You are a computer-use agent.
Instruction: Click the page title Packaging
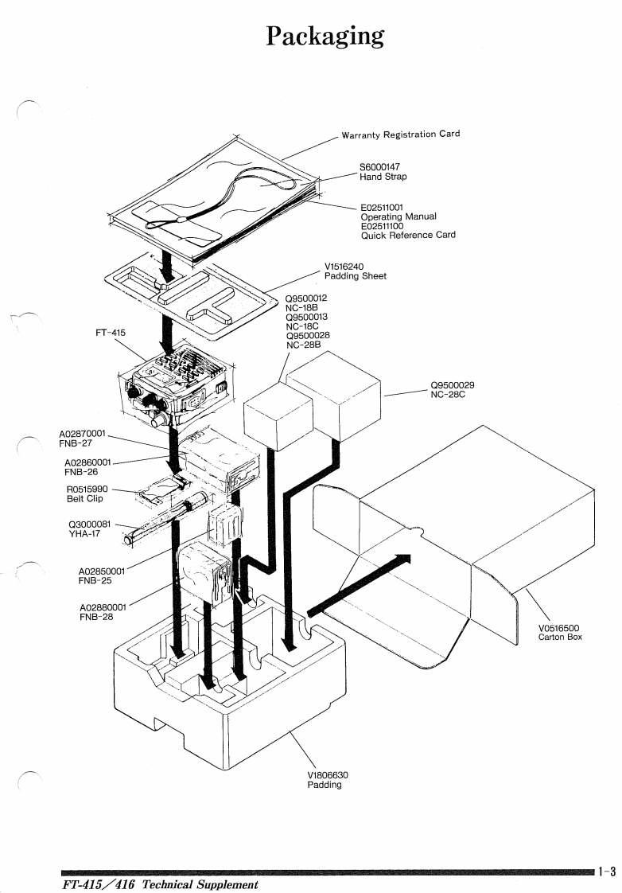point(325,36)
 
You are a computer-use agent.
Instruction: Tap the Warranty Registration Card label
point(400,134)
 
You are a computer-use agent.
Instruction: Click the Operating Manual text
point(398,216)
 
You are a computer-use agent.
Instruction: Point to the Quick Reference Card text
point(408,235)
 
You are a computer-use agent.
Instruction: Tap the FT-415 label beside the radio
point(111,332)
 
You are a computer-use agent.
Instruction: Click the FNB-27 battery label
point(74,444)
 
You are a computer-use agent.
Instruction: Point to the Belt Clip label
point(84,499)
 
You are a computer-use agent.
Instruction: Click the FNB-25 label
point(95,580)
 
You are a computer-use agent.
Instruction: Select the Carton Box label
point(560,637)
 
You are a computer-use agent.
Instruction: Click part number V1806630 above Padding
point(328,774)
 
